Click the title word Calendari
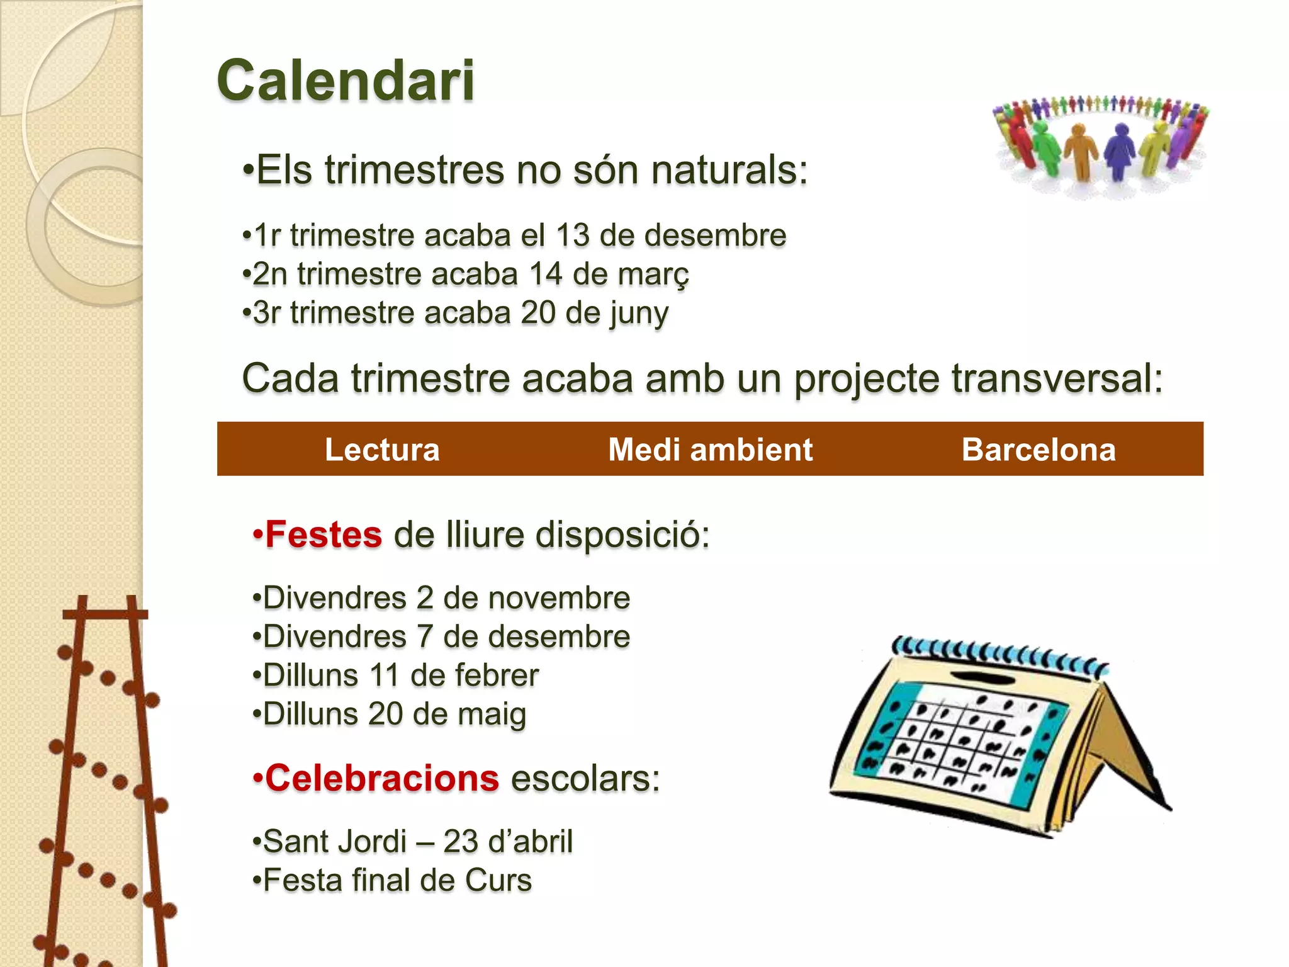[346, 81]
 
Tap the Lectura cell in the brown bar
[382, 450]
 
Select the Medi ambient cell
[710, 450]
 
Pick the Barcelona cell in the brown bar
[1039, 450]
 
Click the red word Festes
[324, 534]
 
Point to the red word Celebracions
[382, 778]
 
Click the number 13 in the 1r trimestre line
[572, 235]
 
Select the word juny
[638, 314]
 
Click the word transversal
[1057, 378]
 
